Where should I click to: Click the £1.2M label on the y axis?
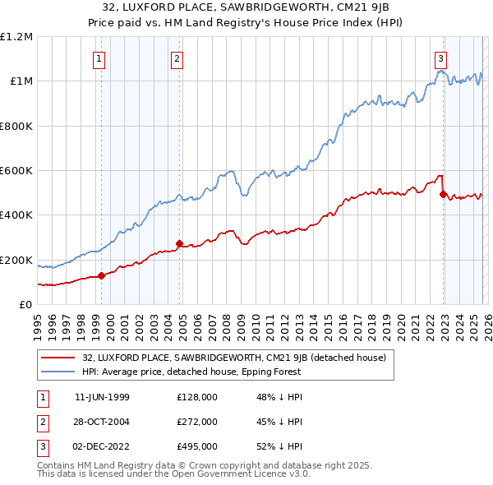pos(16,36)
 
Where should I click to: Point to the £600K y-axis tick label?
pos(16,170)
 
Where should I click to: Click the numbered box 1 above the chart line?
pos(99,58)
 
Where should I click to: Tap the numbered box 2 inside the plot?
pos(177,58)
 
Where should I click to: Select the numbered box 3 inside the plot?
pos(441,58)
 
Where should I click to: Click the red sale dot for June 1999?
pos(102,276)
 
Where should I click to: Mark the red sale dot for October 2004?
pos(180,243)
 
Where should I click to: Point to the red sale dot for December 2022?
pos(443,195)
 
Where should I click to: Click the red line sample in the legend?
pos(58,358)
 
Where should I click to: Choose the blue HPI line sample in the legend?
pos(58,372)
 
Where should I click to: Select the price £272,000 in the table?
pos(197,422)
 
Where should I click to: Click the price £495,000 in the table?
pos(197,446)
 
